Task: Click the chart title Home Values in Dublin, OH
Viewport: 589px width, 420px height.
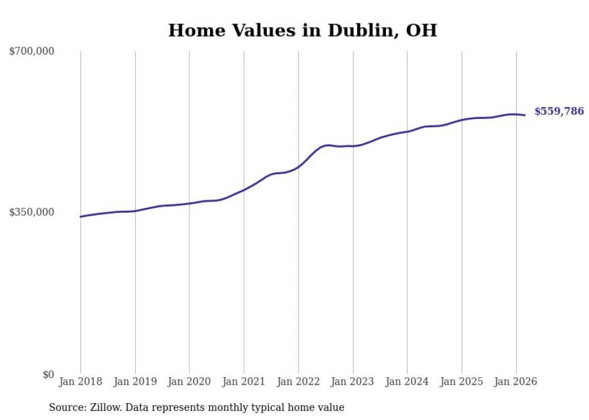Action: coord(302,30)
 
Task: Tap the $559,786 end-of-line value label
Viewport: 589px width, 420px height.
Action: coord(558,111)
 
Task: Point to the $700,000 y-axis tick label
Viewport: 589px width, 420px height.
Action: coord(32,52)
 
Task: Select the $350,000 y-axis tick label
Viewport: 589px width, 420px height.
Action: coord(32,212)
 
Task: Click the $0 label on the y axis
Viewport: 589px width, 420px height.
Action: coord(48,374)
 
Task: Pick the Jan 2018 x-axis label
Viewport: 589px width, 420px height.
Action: coord(81,382)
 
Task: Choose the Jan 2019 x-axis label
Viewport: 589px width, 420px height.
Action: coord(135,382)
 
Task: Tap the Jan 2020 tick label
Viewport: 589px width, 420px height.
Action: coord(189,382)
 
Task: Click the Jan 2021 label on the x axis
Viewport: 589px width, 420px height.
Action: coord(243,382)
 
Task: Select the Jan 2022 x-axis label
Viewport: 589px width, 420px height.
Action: coord(298,382)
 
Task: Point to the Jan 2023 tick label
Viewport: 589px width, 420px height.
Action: coord(353,382)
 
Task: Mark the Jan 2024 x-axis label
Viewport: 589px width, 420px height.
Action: coord(407,382)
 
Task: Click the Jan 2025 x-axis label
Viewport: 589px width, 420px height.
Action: coord(462,382)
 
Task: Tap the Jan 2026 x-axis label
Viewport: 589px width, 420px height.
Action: coord(516,382)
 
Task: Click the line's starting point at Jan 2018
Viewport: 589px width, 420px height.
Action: coord(81,216)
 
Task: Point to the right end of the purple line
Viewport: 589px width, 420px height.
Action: coord(525,115)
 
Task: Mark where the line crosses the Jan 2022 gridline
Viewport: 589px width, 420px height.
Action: coord(298,166)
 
